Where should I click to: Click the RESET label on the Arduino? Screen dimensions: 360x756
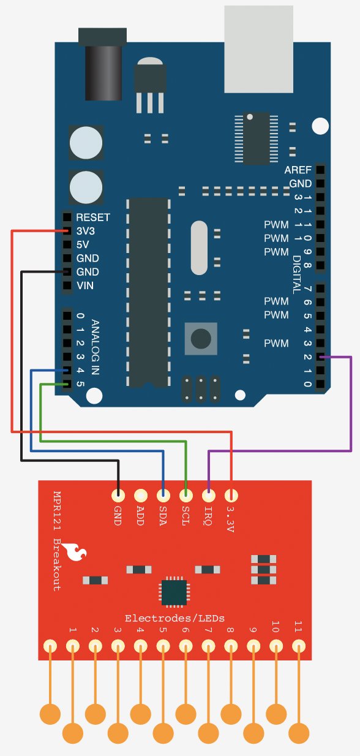[93, 217]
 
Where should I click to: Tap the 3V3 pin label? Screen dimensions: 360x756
[85, 231]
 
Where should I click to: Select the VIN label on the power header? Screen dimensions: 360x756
[85, 285]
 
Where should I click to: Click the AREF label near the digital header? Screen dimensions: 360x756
[298, 170]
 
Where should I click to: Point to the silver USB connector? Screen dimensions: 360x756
[259, 49]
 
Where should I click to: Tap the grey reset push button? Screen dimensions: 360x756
[201, 339]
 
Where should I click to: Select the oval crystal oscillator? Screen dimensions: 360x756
[199, 248]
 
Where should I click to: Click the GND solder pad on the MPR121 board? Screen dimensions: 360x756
[118, 496]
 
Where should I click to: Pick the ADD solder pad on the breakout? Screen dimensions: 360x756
[141, 496]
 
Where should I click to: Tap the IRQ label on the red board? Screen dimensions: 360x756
[208, 516]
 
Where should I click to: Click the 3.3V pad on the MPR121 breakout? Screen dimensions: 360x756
[231, 496]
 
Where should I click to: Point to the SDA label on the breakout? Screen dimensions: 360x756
[163, 516]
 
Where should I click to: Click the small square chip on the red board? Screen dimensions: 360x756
[174, 592]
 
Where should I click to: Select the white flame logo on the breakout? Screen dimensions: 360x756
[74, 551]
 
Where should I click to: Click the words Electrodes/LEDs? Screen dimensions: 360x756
[174, 618]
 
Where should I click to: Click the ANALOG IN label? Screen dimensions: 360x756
[96, 347]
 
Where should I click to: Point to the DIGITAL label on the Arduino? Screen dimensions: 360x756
[296, 274]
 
